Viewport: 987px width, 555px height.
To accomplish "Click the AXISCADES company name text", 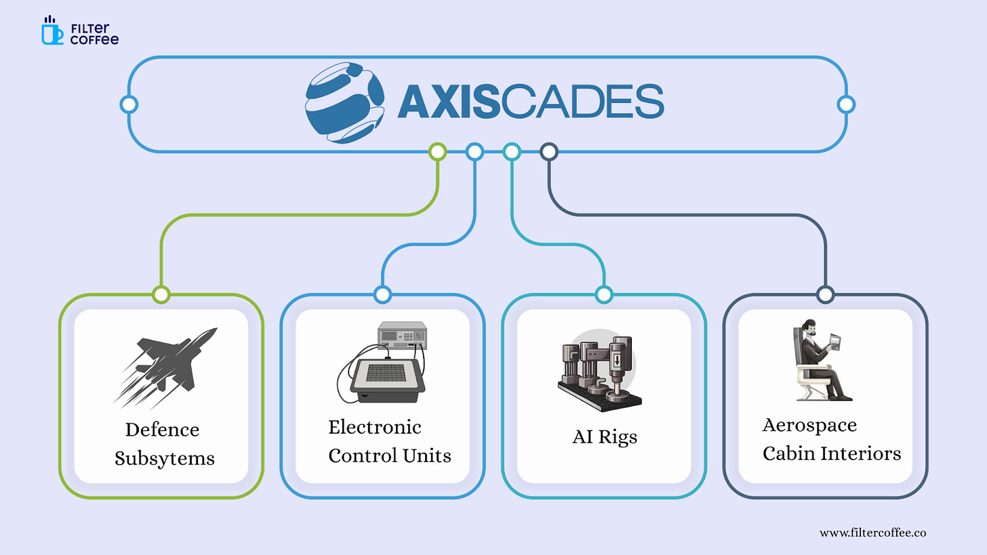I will [x=530, y=103].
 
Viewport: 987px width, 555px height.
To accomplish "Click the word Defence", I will [x=162, y=430].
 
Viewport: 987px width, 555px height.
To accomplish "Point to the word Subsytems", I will [x=164, y=458].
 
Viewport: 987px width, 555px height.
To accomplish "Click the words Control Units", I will [x=389, y=455].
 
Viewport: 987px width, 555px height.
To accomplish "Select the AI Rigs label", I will [x=605, y=437].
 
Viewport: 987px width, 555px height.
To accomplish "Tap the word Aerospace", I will [x=809, y=425].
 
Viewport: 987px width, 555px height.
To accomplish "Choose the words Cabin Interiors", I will [x=832, y=453].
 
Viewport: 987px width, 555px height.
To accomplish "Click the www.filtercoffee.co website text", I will [x=872, y=533].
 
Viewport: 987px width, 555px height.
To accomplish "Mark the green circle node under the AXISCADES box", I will [x=438, y=152].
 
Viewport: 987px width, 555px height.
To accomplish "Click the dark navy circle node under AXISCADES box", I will [x=549, y=152].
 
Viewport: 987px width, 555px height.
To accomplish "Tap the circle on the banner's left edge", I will [x=129, y=104].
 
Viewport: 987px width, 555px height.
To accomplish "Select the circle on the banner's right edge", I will [x=845, y=104].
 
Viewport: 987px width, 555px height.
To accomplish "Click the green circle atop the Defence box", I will [x=161, y=294].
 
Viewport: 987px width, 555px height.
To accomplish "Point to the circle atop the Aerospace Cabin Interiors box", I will [x=825, y=294].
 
